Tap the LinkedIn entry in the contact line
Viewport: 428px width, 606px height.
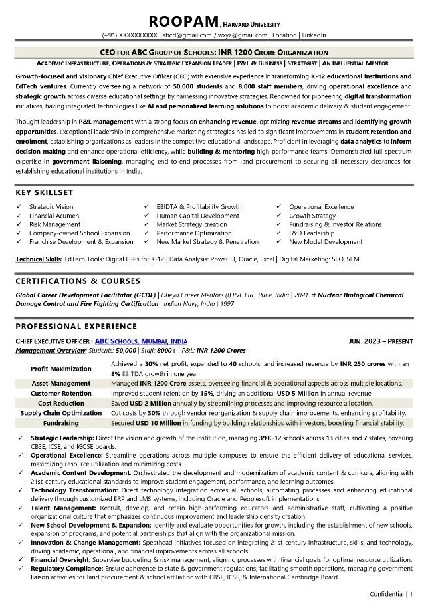pyautogui.click(x=314, y=35)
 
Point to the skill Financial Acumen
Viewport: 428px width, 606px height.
pyautogui.click(x=51, y=216)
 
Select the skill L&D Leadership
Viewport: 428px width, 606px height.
pyautogui.click(x=312, y=233)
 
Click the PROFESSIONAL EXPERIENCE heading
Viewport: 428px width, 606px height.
pyautogui.click(x=76, y=327)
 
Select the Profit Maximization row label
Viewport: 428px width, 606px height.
pyautogui.click(x=61, y=369)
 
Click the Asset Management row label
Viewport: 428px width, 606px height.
pyautogui.click(x=61, y=384)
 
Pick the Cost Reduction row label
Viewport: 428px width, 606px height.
pyautogui.click(x=61, y=403)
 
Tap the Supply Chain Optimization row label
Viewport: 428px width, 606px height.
pyautogui.click(x=61, y=413)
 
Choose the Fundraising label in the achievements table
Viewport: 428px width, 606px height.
pyautogui.click(x=61, y=423)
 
